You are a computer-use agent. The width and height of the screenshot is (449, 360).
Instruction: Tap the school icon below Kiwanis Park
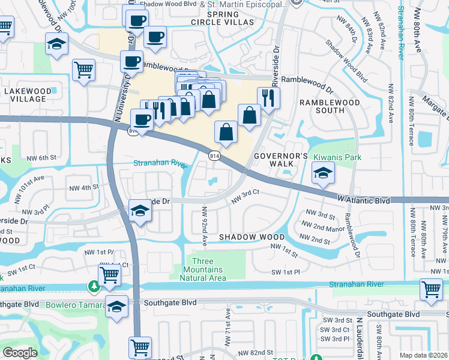click(x=323, y=174)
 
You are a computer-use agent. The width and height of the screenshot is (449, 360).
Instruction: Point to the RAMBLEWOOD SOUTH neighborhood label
click(x=330, y=106)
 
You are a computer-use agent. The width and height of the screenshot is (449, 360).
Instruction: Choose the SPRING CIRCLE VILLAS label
click(x=231, y=18)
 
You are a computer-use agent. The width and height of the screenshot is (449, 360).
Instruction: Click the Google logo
click(x=20, y=353)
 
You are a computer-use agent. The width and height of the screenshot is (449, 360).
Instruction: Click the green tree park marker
click(x=94, y=286)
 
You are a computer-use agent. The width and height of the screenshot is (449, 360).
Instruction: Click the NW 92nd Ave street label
click(x=204, y=227)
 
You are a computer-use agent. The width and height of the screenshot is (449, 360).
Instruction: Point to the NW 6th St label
click(x=41, y=158)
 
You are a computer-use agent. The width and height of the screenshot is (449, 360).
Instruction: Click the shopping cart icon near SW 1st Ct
click(x=110, y=275)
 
